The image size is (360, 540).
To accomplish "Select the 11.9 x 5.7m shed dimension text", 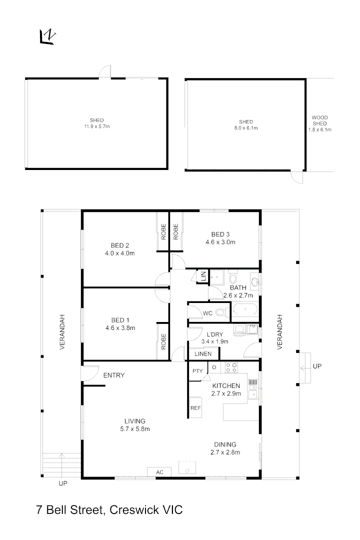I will [96, 127].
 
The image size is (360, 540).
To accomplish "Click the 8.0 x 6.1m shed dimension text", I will [245, 128].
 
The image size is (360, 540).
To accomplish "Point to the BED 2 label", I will [120, 245].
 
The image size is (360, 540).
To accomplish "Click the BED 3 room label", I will [220, 234].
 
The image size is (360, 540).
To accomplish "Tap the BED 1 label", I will [120, 320].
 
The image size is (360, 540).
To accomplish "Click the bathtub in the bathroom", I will [245, 310].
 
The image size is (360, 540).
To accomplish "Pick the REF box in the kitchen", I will [195, 408].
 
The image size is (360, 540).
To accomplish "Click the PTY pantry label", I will [197, 371].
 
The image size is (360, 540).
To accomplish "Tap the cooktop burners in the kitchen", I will [231, 367].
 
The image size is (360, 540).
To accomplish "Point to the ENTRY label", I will [114, 375].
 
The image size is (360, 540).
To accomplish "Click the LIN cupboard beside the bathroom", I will [203, 276].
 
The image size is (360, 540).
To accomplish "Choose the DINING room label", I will [225, 444].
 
